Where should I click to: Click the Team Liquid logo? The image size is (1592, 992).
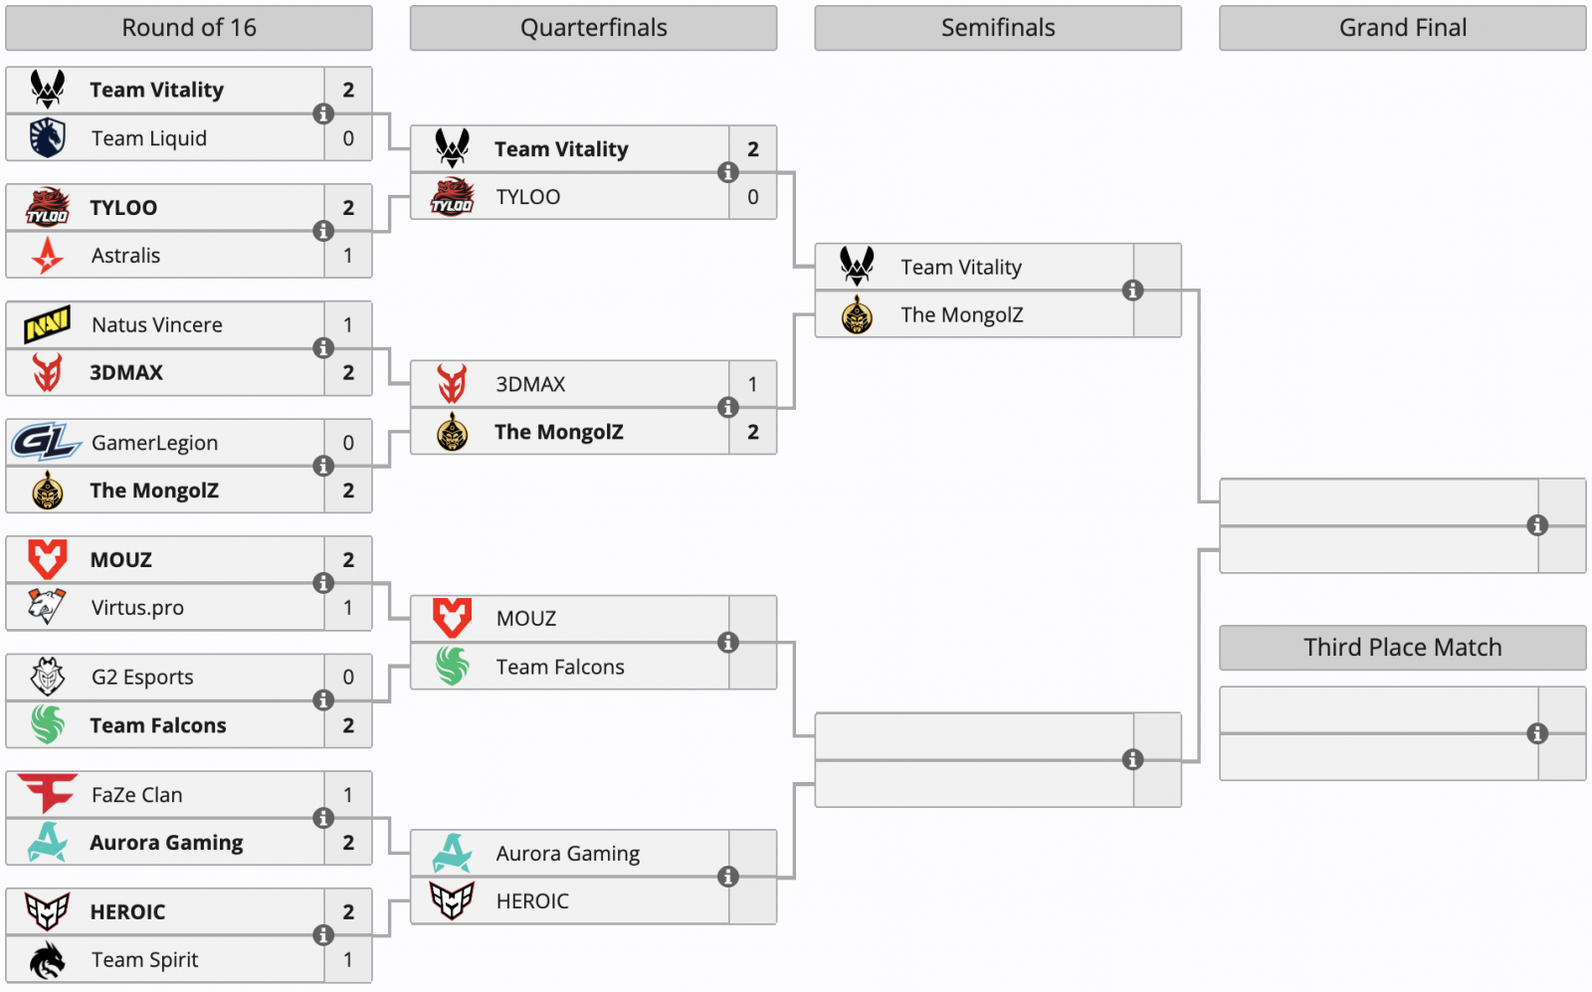pos(48,138)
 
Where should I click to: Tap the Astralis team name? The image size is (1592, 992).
pos(125,255)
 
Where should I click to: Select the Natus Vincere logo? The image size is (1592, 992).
pos(48,324)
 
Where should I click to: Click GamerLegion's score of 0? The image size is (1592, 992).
pos(348,443)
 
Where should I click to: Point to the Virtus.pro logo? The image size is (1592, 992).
pos(47,606)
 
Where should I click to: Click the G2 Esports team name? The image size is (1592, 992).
pos(142,677)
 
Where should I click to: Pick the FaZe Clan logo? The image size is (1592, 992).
pos(47,793)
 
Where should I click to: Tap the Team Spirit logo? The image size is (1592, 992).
pos(47,959)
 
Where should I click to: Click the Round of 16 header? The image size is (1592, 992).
pos(188,28)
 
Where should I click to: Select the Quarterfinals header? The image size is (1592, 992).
pos(593,28)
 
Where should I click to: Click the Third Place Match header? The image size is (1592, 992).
pos(1402,648)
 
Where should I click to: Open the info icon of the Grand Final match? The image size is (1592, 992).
pos(1537,525)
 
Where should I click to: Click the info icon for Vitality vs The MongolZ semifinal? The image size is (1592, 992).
pos(1133,290)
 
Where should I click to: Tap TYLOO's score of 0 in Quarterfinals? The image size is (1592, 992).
pos(752,197)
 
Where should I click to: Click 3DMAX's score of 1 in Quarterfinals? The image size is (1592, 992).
pos(752,384)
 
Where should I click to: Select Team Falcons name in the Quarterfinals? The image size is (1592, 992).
pos(560,667)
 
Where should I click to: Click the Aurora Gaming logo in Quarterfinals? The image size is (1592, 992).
pos(452,853)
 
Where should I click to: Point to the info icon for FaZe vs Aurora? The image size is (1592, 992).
pos(323,818)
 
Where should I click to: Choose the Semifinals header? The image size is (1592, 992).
pos(998,28)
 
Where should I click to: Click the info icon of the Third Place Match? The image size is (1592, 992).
pos(1537,733)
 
